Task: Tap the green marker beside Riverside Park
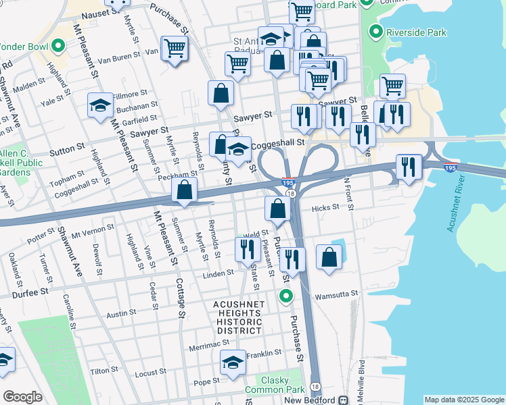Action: pos(373,32)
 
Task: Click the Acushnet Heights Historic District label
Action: pos(238,317)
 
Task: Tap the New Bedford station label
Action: pos(311,400)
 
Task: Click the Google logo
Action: pos(22,397)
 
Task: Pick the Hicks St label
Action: pos(325,209)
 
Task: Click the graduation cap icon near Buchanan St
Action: pos(100,105)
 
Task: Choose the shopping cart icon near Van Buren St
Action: pos(175,49)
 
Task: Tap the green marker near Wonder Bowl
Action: pos(58,47)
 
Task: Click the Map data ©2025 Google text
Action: pos(463,400)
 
